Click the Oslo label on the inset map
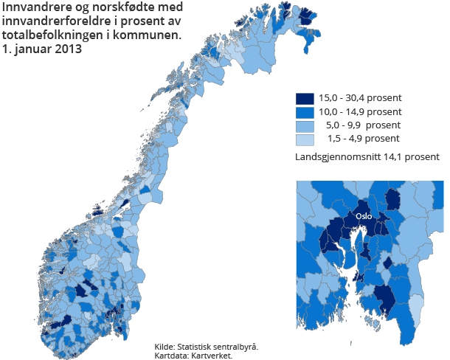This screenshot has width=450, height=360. tap(363, 217)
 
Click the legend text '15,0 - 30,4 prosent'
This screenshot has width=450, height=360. tap(360, 98)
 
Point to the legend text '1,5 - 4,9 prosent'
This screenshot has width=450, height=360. tap(363, 139)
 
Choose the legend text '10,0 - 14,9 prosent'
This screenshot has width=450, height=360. tap(360, 111)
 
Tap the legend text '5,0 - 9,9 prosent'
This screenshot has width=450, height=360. tap(363, 125)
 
